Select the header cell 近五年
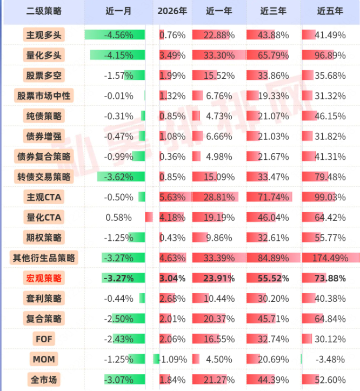point(330,11)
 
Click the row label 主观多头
point(44,35)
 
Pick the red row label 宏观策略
point(44,279)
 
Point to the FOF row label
point(44,339)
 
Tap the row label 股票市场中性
point(44,96)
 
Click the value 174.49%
point(330,258)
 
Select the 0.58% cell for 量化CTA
point(118,218)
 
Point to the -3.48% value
point(330,360)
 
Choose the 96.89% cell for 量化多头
point(330,55)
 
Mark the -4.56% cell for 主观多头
point(118,35)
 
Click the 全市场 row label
point(44,380)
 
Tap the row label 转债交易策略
point(44,177)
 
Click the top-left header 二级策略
point(44,11)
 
